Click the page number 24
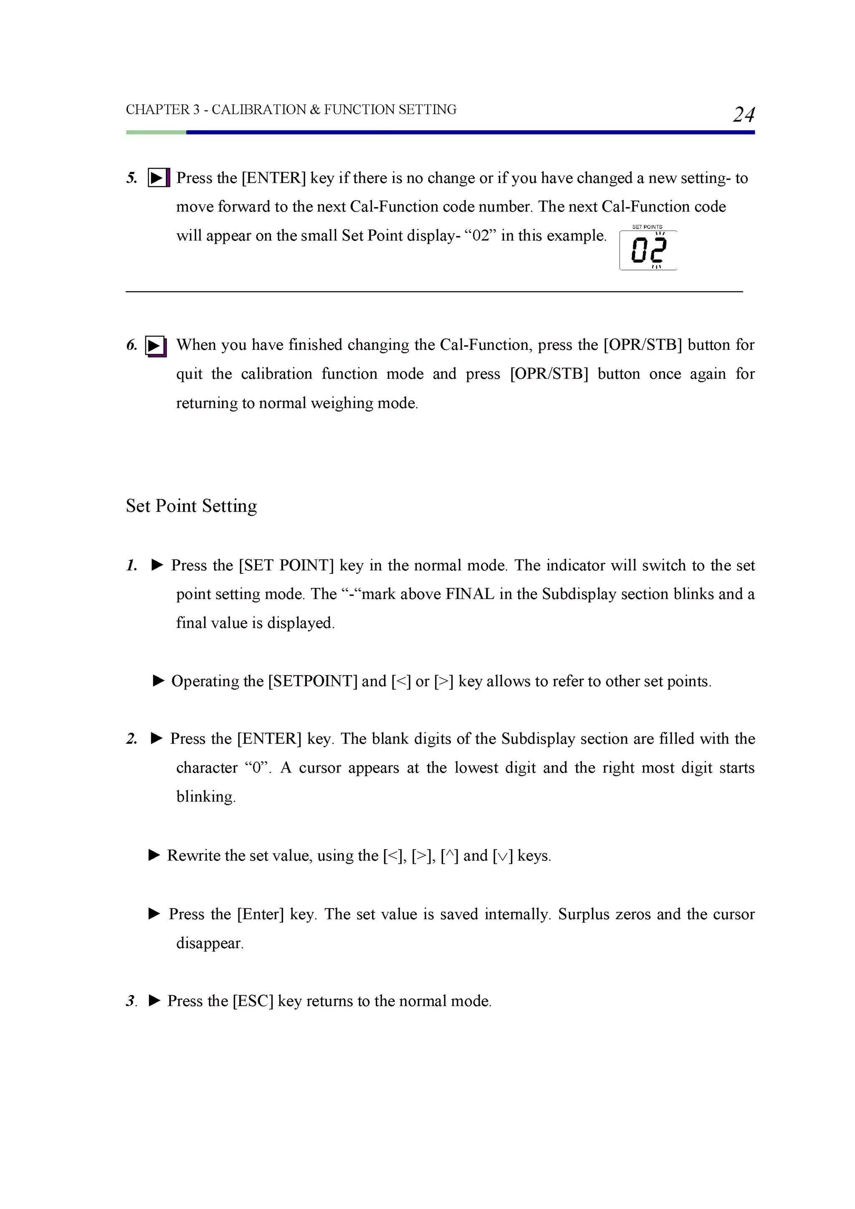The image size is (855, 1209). [743, 114]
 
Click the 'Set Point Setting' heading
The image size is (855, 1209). [191, 506]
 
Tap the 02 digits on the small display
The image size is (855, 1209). [648, 250]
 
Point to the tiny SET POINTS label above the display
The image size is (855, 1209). [647, 227]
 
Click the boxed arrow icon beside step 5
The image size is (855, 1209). [159, 177]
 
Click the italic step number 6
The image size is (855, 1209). [131, 345]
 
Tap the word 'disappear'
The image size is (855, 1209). [209, 943]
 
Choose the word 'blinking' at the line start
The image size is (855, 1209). [205, 797]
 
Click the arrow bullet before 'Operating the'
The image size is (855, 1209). [159, 681]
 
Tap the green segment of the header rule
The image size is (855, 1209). [156, 132]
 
